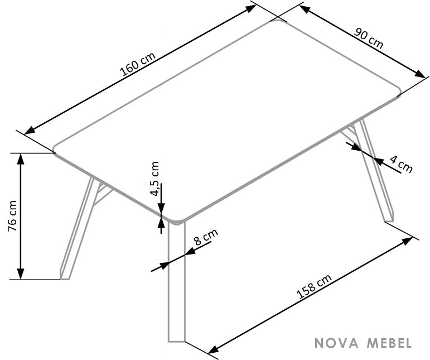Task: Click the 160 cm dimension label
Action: (x=138, y=64)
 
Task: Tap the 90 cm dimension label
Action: (x=368, y=38)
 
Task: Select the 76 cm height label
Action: (x=13, y=216)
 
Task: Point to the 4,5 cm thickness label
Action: (x=155, y=179)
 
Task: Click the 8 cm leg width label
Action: (x=206, y=237)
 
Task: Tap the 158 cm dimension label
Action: (x=314, y=286)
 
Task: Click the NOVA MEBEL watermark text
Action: (x=363, y=343)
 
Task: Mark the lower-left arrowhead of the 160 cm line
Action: (x=30, y=131)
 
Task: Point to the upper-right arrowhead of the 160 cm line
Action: (x=250, y=8)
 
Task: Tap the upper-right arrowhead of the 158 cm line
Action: (x=407, y=241)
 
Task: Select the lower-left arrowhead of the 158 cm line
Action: (x=214, y=349)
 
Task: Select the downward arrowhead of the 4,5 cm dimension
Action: (x=161, y=208)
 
